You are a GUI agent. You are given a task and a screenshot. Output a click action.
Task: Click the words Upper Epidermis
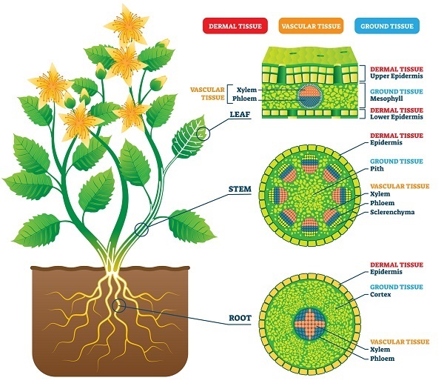(x=397, y=77)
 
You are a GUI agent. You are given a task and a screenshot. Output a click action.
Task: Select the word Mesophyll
(x=386, y=97)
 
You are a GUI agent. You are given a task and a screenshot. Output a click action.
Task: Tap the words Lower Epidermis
(x=397, y=117)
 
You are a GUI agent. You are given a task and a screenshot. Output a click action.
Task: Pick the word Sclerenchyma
(x=392, y=212)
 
